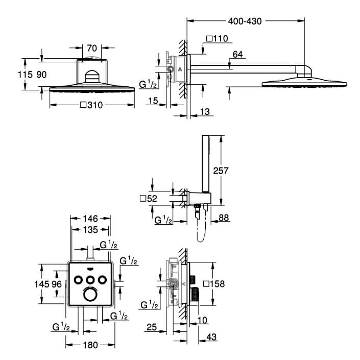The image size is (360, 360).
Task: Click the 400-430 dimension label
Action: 245,21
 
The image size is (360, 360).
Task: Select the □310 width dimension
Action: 91,105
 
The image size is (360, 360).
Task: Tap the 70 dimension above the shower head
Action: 92,48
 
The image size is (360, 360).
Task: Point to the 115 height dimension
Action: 25,75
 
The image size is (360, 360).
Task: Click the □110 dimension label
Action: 217,39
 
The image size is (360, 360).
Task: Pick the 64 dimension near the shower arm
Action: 237,55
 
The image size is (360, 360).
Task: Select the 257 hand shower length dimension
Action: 221,171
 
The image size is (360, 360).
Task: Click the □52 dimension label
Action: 149,199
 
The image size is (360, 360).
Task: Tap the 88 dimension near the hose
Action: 224,218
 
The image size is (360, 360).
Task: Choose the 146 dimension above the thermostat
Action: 90,219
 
